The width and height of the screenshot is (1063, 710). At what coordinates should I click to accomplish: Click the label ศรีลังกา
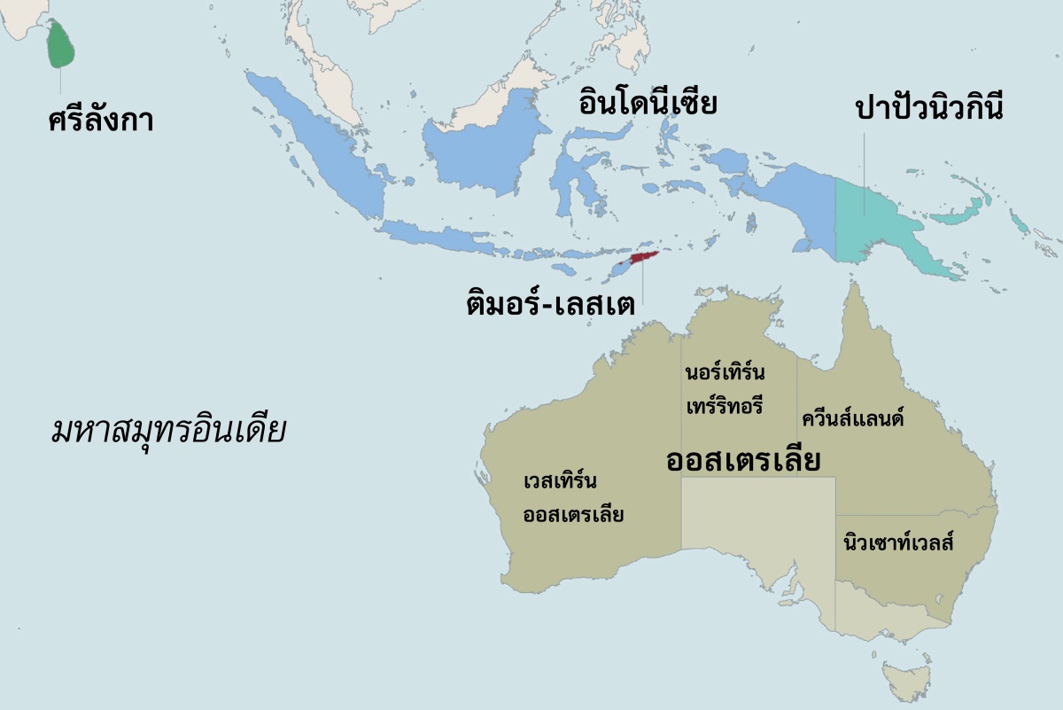(x=101, y=119)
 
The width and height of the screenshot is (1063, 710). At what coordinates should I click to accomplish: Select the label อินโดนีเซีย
(x=647, y=103)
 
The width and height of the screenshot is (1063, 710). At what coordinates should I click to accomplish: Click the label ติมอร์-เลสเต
(x=550, y=304)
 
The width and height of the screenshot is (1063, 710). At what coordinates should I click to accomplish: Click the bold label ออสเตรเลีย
(x=741, y=461)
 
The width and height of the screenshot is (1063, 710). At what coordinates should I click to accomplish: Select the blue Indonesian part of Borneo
(x=478, y=151)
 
